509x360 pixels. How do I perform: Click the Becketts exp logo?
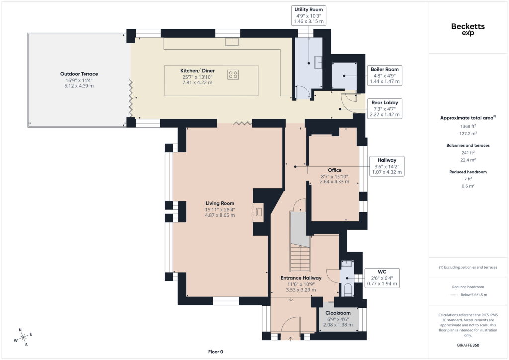click(468, 29)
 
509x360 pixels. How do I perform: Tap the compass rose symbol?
click(23, 338)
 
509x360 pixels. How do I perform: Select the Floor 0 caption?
click(216, 352)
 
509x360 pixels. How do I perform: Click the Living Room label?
click(220, 203)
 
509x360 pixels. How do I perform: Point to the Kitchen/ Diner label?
click(197, 71)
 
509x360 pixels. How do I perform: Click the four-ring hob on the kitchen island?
click(233, 75)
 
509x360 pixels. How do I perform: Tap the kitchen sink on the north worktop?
click(232, 42)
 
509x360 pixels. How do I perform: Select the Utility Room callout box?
click(308, 15)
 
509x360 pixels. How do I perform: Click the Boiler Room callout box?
click(385, 75)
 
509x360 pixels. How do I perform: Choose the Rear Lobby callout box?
click(385, 109)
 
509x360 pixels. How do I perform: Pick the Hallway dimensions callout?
click(387, 166)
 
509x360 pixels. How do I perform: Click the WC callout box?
click(382, 278)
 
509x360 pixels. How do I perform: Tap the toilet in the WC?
click(347, 290)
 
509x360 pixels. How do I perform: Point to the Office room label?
click(335, 170)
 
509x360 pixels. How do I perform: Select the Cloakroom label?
click(338, 313)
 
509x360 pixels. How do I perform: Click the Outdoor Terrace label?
click(79, 74)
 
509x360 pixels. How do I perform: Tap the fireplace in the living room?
click(258, 212)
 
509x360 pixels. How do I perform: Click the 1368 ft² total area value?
click(468, 126)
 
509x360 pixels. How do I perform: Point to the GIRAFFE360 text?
click(468, 345)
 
